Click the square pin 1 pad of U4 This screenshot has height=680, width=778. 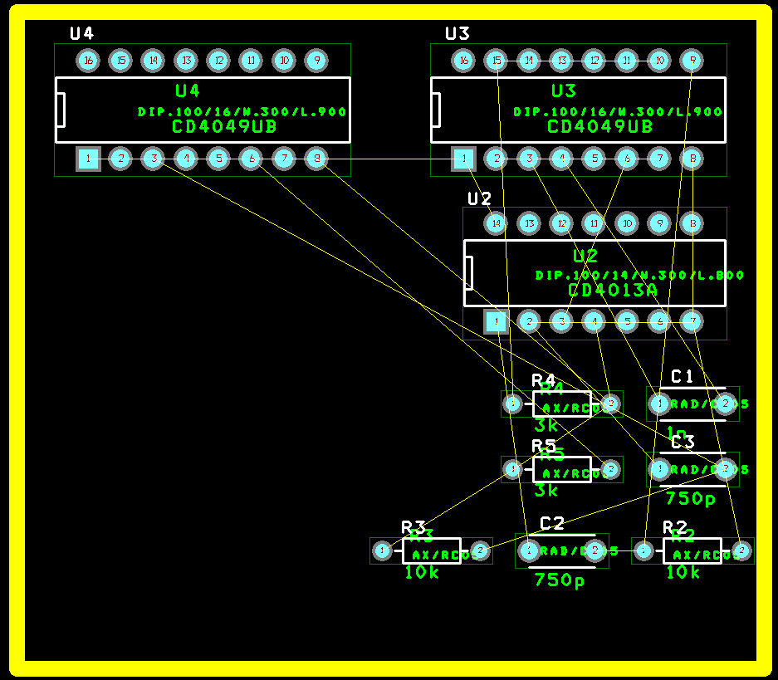pyautogui.click(x=88, y=159)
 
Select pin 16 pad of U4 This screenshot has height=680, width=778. pyautogui.click(x=88, y=60)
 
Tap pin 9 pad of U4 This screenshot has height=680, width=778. pyautogui.click(x=316, y=60)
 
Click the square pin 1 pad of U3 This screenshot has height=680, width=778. pyautogui.click(x=463, y=159)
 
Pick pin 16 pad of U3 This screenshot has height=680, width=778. pyautogui.click(x=463, y=60)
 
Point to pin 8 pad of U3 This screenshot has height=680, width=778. pyautogui.click(x=692, y=159)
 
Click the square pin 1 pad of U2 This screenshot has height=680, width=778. pyautogui.click(x=496, y=321)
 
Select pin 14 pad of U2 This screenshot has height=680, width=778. pyautogui.click(x=496, y=223)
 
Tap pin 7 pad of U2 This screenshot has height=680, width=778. pyautogui.click(x=692, y=321)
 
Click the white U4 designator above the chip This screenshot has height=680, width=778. pyautogui.click(x=81, y=33)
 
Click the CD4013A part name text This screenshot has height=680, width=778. pyautogui.click(x=613, y=290)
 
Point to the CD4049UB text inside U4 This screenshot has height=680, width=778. pyautogui.click(x=224, y=127)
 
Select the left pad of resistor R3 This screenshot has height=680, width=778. pyautogui.click(x=382, y=550)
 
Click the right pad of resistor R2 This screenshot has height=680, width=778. pyautogui.click(x=741, y=550)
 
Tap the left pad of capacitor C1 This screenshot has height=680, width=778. pyautogui.click(x=659, y=404)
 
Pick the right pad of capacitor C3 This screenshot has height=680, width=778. pyautogui.click(x=725, y=470)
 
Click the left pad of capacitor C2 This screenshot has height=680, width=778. pyautogui.click(x=528, y=550)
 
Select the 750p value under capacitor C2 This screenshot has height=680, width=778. pyautogui.click(x=560, y=580)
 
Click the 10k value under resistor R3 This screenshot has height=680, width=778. pyautogui.click(x=422, y=572)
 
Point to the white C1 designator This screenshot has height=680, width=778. pyautogui.click(x=682, y=376)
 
